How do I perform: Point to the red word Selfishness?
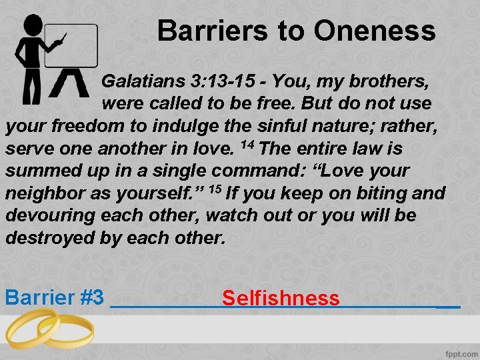[281, 298]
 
